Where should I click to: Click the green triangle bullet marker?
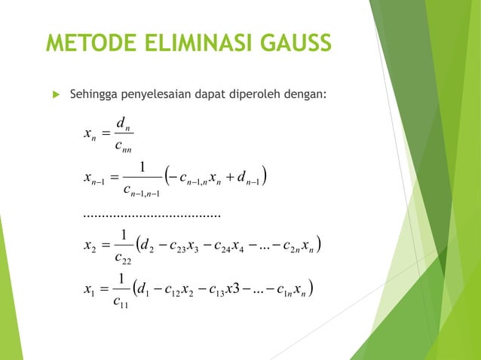(x=54, y=96)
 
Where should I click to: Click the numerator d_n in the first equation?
(x=122, y=122)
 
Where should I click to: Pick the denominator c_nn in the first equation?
(x=122, y=147)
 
